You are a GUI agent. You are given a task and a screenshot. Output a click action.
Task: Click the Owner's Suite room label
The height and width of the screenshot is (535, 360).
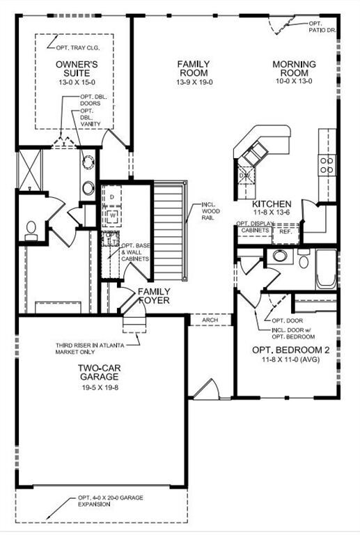tap(77, 68)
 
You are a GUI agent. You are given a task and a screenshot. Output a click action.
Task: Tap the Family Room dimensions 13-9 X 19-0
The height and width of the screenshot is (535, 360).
tap(194, 82)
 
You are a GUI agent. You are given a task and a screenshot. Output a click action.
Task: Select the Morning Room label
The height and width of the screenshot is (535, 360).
tap(295, 68)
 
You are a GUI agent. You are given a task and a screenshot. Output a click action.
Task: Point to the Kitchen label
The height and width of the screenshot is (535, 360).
tap(272, 204)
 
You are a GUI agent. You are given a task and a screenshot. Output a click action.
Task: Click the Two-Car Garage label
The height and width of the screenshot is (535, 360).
tap(99, 372)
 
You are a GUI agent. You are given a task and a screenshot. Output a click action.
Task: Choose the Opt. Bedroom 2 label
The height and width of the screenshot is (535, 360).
tap(291, 350)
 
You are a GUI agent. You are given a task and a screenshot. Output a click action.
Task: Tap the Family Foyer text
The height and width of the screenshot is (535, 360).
tap(154, 296)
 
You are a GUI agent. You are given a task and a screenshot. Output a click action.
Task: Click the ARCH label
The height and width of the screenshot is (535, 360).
tap(210, 320)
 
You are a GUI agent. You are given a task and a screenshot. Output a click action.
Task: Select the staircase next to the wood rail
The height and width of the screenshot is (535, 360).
tap(169, 231)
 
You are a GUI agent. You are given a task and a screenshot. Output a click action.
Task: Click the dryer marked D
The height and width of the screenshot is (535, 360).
tap(111, 196)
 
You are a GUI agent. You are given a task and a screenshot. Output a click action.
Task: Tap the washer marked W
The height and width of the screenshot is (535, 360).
tap(111, 217)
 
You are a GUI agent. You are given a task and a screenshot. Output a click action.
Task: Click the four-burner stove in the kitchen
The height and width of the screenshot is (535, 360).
tap(327, 165)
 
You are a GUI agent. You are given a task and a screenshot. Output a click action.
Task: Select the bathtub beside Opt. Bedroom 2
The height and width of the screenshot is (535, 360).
tap(327, 269)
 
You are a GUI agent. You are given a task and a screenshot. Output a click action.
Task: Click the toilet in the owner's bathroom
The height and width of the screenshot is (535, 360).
tap(31, 231)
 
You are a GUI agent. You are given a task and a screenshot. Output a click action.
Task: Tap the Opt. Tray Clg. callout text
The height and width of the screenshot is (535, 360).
tap(78, 48)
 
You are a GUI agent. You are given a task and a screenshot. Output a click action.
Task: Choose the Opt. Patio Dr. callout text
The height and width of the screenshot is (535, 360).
tap(322, 26)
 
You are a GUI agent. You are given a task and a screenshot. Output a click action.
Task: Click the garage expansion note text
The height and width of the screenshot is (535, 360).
tap(111, 501)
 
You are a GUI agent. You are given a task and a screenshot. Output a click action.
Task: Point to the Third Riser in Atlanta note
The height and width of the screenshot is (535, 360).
tap(90, 348)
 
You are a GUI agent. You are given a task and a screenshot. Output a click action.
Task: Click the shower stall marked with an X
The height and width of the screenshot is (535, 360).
tap(30, 170)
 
